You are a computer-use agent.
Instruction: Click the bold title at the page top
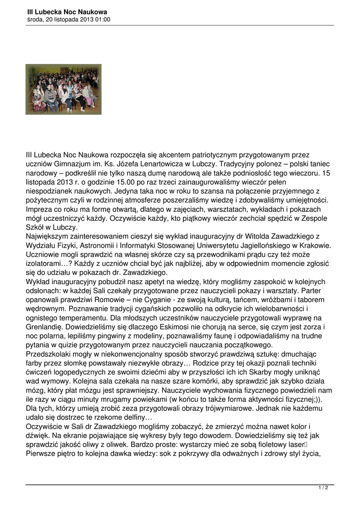67,11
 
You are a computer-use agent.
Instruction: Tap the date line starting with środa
69,20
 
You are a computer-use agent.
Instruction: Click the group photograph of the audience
63,89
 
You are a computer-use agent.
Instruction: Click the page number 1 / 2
323,488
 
